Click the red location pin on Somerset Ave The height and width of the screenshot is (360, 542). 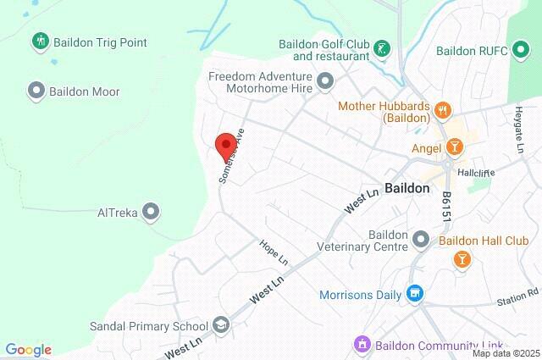[x=224, y=145]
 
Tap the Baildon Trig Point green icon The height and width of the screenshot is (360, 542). [x=38, y=42]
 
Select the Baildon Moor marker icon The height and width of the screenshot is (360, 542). [x=36, y=90]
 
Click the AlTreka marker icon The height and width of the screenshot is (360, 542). [x=152, y=211]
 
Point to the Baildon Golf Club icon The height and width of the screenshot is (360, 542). [x=383, y=49]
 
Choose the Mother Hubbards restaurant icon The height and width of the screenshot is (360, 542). [x=442, y=110]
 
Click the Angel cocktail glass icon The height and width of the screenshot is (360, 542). [x=454, y=149]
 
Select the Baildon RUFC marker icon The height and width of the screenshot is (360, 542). [x=501, y=51]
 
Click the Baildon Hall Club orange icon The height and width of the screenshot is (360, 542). [x=462, y=258]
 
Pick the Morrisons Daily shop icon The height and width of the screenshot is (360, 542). [x=414, y=295]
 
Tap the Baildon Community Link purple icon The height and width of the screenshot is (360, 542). [x=362, y=344]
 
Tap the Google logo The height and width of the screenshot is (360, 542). [x=28, y=350]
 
